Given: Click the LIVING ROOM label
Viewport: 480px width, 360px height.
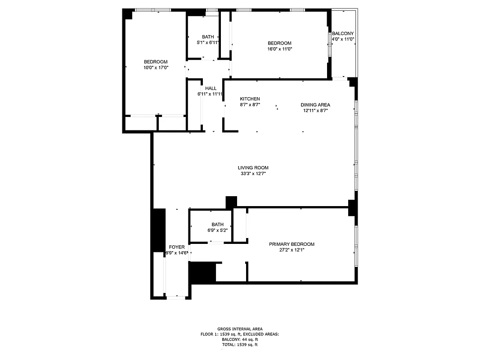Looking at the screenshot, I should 253,168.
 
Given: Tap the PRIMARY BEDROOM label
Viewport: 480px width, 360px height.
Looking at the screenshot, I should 292,244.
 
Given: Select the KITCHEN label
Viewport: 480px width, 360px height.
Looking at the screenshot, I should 250,99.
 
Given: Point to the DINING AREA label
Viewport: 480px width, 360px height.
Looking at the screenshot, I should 315,105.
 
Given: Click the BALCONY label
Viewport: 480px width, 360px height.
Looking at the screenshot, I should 343,34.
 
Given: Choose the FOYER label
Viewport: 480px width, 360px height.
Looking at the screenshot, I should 176,247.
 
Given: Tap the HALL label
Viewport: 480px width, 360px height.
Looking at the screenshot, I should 211,89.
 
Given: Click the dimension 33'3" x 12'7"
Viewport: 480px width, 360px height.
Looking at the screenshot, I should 253,174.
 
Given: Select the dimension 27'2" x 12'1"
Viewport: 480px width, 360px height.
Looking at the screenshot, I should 292,250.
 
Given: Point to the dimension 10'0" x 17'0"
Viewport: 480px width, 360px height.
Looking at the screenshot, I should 156,68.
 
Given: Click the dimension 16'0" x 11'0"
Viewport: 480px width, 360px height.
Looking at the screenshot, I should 279,49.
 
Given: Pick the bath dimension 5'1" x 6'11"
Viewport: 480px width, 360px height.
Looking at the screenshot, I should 208,43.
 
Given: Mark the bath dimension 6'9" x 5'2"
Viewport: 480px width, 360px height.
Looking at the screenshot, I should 217,230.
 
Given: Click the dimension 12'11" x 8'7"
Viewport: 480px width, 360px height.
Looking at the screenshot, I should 315,111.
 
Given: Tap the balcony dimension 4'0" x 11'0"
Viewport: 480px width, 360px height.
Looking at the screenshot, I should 343,40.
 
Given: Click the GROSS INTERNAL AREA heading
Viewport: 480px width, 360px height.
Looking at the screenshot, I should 240,329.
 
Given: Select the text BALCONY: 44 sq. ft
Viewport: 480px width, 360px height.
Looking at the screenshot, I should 240,340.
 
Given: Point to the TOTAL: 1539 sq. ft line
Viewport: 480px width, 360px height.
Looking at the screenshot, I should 240,345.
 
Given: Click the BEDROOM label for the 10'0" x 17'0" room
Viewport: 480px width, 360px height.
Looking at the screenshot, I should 156,62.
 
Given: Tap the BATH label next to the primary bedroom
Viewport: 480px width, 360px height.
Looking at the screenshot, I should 217,225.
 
